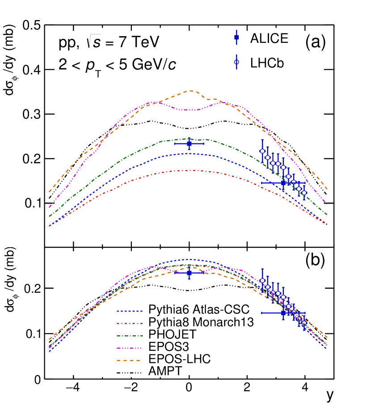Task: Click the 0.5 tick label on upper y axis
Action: point(31,25)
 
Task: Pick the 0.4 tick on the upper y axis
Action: point(31,70)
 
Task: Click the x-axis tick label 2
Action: point(247,387)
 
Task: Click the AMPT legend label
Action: point(162,370)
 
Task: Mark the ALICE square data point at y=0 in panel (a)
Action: point(189,144)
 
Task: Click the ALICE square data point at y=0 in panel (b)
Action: point(189,273)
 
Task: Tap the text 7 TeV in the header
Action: point(136,43)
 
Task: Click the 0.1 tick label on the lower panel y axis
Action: point(31,334)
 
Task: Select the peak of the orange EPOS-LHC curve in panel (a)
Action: point(191,91)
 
